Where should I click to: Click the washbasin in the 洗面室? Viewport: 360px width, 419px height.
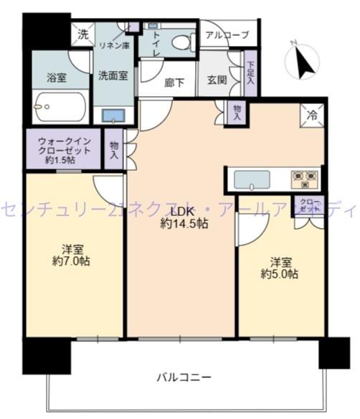click(114, 115)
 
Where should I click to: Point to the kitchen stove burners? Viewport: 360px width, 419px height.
click(304, 178)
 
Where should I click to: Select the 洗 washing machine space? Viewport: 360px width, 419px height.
click(82, 34)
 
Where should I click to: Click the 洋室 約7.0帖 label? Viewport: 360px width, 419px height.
click(71, 255)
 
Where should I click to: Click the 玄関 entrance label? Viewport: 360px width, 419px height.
click(218, 81)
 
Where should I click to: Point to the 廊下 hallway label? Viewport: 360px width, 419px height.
click(175, 82)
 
